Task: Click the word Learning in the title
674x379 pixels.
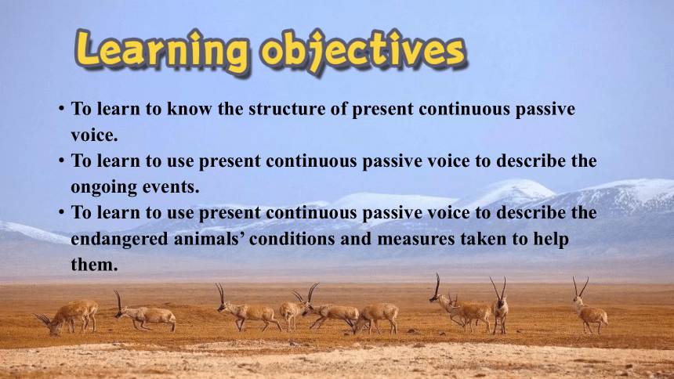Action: [x=162, y=50]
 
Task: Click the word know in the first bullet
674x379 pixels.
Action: [x=189, y=109]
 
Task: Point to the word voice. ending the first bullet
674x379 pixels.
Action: [x=94, y=135]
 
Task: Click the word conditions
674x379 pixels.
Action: [x=292, y=239]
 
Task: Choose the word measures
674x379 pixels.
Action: [x=415, y=240]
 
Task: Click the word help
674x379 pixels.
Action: [x=551, y=240]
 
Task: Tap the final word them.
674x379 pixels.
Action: [x=94, y=265]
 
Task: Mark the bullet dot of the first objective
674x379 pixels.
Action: [x=62, y=108]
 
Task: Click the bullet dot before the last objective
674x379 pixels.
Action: [x=62, y=212]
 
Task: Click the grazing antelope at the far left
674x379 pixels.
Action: [x=67, y=317]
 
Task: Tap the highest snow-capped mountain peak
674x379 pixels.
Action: [x=511, y=182]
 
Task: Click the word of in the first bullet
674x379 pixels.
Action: [x=339, y=109]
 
